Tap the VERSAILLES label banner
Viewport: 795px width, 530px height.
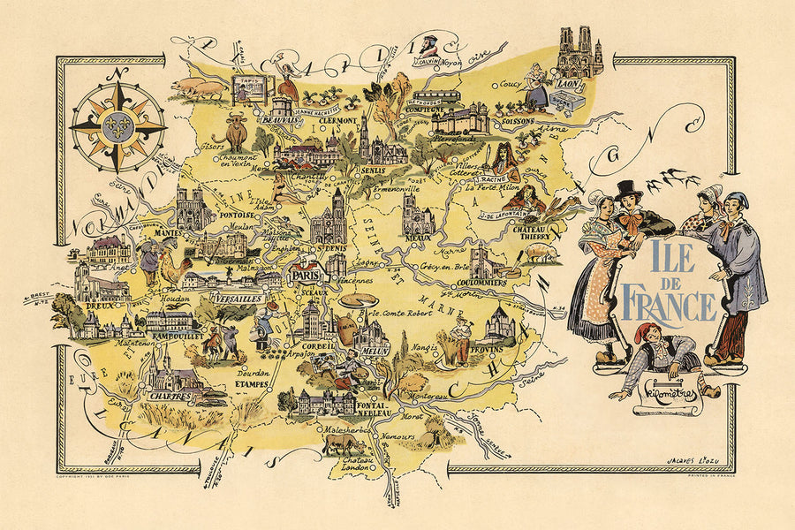click(238, 300)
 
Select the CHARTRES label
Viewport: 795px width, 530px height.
click(170, 397)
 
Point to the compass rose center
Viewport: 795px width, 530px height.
click(117, 127)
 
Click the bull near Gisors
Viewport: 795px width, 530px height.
click(236, 132)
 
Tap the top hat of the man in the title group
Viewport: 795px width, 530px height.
click(628, 189)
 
